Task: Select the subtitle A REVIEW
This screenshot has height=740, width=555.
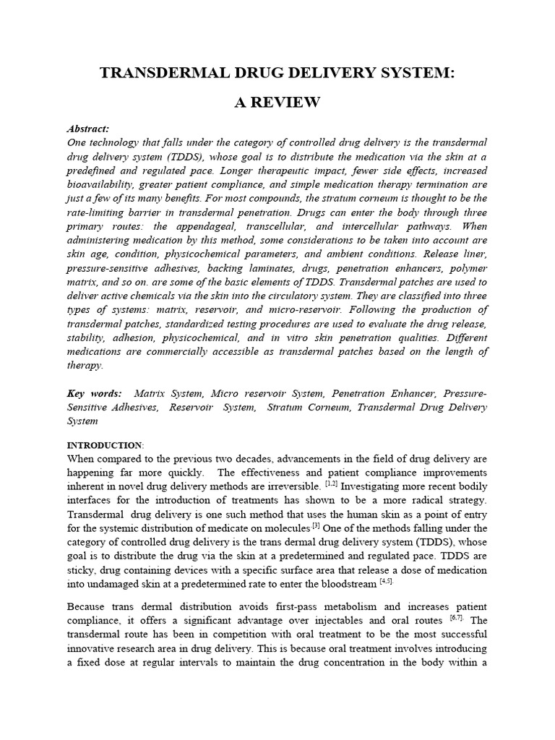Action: point(277,102)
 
